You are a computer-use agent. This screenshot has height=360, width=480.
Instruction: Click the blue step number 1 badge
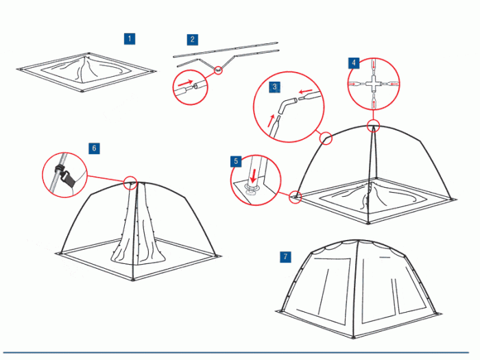[130, 39]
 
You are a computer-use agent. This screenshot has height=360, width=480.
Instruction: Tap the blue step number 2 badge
[192, 40]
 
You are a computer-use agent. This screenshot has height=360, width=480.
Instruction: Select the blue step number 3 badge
[274, 87]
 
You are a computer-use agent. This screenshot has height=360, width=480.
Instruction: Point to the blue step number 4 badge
[354, 63]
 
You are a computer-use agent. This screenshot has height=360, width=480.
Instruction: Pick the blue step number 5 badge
[236, 161]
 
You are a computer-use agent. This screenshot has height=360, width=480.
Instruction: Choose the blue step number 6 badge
[94, 149]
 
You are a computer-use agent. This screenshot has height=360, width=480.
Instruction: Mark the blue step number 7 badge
[286, 256]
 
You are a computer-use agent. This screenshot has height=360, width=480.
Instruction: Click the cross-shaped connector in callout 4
[374, 84]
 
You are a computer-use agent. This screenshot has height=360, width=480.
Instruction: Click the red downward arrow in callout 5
[253, 176]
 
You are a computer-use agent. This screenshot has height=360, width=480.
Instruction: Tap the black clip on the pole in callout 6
[64, 177]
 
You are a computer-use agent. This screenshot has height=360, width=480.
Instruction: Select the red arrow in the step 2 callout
[186, 83]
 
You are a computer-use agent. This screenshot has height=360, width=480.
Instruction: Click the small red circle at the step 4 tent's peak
[373, 125]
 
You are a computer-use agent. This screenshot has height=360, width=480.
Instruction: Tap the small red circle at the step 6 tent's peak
[130, 182]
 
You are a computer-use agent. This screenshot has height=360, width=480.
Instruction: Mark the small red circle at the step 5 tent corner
[296, 196]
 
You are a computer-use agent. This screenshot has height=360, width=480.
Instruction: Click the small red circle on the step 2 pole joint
[218, 70]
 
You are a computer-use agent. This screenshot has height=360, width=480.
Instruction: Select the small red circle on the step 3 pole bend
[326, 138]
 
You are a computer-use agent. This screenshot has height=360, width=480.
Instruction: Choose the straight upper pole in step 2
[226, 50]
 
